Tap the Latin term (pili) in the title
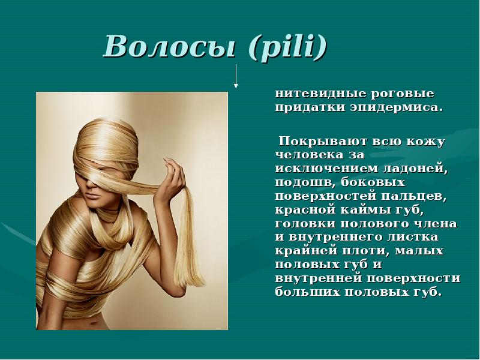(x=285, y=47)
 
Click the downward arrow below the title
(x=237, y=76)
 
